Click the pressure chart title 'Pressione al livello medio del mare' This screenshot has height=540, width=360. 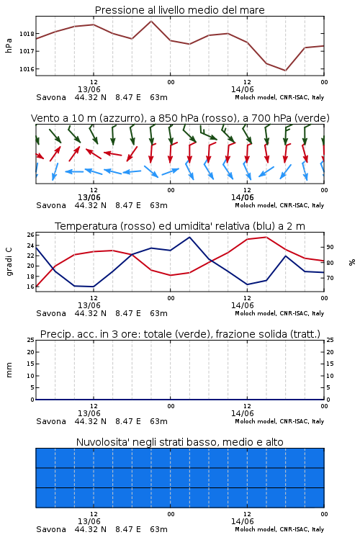(179, 10)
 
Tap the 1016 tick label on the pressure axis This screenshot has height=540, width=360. (27, 69)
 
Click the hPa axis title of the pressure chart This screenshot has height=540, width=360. (9, 45)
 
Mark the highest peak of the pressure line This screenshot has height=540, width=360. (151, 21)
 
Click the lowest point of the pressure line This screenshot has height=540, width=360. (285, 71)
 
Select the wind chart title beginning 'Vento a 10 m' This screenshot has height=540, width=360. (180, 118)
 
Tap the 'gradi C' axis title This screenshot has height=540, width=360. (9, 262)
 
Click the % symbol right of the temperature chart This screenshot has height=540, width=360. (352, 262)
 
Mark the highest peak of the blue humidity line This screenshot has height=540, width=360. (189, 237)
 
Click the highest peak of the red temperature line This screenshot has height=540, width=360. (266, 237)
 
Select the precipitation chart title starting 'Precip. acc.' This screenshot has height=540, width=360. (180, 334)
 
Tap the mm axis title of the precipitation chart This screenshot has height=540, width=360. (9, 370)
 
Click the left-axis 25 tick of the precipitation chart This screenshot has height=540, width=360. (31, 340)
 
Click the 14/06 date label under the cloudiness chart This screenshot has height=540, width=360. (242, 521)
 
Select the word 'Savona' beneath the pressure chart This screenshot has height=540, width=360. (51, 97)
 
